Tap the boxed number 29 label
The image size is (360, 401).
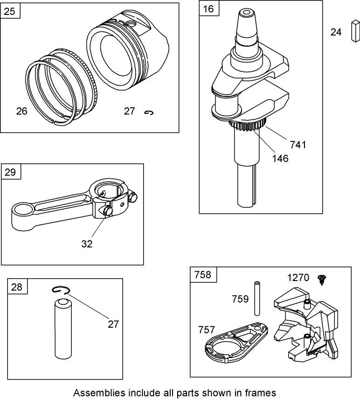[11, 172]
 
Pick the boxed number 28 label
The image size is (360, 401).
[17, 287]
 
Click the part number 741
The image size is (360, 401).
[298, 145]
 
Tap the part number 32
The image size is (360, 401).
[87, 243]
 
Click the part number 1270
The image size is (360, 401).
[298, 278]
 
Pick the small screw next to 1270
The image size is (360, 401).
[321, 279]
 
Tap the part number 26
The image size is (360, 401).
[21, 111]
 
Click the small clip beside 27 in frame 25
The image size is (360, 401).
[149, 112]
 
